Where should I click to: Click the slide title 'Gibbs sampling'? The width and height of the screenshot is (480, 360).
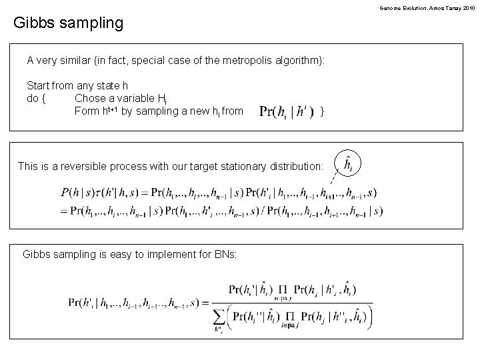tap(69, 23)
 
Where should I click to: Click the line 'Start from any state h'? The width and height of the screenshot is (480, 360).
tap(77, 86)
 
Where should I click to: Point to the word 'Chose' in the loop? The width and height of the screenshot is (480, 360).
tap(89, 99)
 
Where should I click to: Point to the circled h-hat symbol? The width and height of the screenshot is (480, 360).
tap(347, 163)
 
